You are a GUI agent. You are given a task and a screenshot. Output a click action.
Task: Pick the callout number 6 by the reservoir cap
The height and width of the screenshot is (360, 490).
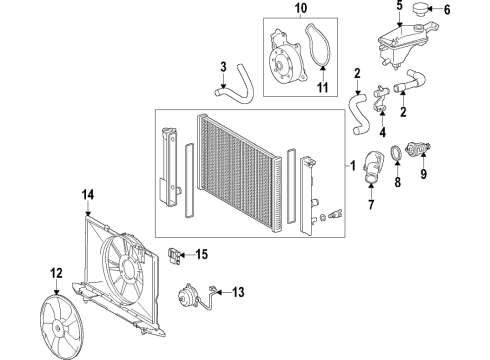(x=448, y=11)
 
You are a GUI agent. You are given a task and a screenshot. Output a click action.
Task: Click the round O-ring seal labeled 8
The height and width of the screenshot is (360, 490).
(x=398, y=153)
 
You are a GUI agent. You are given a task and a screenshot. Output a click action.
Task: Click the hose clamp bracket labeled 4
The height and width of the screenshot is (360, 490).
(x=379, y=124)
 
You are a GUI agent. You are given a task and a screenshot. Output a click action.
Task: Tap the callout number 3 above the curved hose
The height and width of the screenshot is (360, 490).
(x=223, y=67)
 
